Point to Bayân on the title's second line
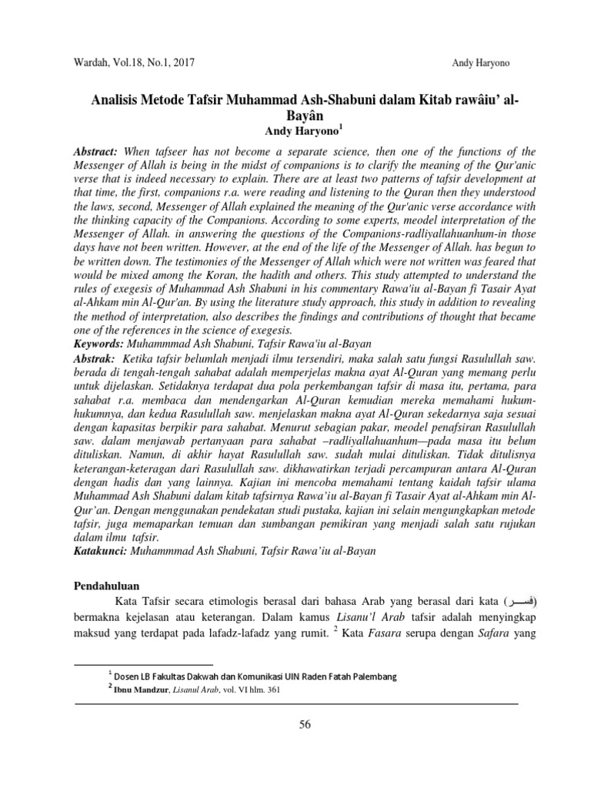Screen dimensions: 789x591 point(295,116)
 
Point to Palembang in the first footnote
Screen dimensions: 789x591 point(372,677)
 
